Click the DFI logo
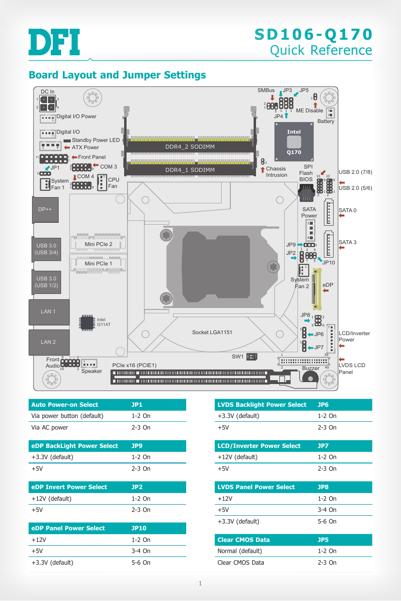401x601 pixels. pos(54,42)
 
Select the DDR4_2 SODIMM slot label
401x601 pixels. pos(190,147)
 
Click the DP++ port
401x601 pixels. pos(45,210)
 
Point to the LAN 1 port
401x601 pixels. pos(48,312)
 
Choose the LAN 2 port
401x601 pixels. pos(48,342)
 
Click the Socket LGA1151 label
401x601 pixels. pos(212,332)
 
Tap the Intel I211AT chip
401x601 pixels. pos(87,323)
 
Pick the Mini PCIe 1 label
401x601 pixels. pos(98,263)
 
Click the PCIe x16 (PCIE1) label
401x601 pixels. pos(134,365)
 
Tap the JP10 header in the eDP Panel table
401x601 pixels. pos(139,528)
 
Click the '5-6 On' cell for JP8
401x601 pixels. pos(327,522)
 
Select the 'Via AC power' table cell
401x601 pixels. pos(49,428)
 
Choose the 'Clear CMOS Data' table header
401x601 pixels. pos(243,540)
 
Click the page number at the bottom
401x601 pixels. pos(200,583)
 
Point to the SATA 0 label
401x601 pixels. pos(347,211)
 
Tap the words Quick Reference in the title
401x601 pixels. pos(321,50)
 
